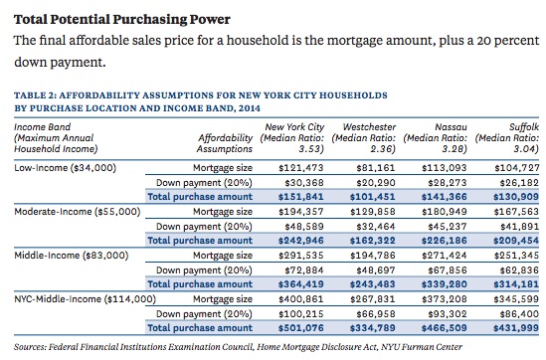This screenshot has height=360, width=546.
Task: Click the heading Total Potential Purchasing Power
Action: coord(122,20)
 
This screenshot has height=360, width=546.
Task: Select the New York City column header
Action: coord(292,138)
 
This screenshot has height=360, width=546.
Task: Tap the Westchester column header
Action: coord(364,138)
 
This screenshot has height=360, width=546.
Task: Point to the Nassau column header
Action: coord(436,138)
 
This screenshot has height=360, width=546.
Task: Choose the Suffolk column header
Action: coord(507,138)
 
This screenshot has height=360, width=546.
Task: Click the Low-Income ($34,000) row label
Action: coord(65,168)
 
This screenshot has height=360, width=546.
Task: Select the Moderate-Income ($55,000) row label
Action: coord(78,212)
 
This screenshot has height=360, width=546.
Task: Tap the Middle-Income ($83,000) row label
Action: coord(72,256)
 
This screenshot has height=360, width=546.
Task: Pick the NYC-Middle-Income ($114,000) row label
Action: coord(85,299)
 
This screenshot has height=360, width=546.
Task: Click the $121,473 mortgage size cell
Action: coord(301,168)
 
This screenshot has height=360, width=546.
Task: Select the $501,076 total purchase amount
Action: coord(301,328)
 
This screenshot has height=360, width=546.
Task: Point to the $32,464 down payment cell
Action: coord(376,227)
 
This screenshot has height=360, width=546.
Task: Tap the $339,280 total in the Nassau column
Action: coord(445,284)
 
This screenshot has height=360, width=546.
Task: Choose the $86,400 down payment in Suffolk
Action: coord(519,314)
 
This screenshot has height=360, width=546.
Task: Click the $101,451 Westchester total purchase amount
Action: coord(373,197)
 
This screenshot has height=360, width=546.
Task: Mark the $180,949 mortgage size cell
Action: coord(445,212)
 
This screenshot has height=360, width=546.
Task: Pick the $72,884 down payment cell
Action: coord(304,270)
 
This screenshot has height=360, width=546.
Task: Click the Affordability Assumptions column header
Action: coord(225,143)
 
